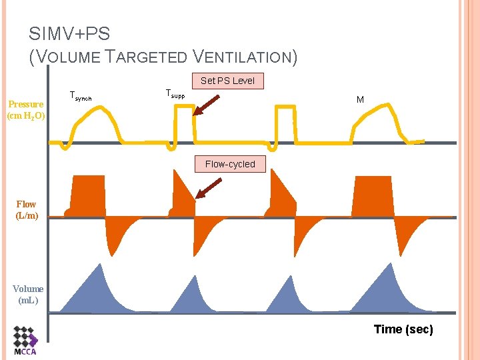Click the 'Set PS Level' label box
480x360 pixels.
pyautogui.click(x=227, y=81)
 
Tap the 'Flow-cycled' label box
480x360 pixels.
pyautogui.click(x=230, y=164)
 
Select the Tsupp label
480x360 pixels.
pyautogui.click(x=175, y=95)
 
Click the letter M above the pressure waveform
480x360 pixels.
pyautogui.click(x=360, y=99)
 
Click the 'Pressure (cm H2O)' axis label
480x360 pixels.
pyautogui.click(x=26, y=110)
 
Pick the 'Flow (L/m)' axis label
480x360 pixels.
pyautogui.click(x=27, y=210)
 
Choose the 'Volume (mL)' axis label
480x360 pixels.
pyautogui.click(x=28, y=294)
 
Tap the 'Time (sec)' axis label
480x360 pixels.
pyautogui.click(x=403, y=329)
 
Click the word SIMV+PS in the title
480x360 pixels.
pyautogui.click(x=69, y=34)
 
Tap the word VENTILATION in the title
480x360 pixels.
pyautogui.click(x=244, y=57)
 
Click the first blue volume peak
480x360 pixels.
pyautogui.click(x=99, y=267)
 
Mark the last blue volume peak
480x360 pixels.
pyautogui.click(x=387, y=267)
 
